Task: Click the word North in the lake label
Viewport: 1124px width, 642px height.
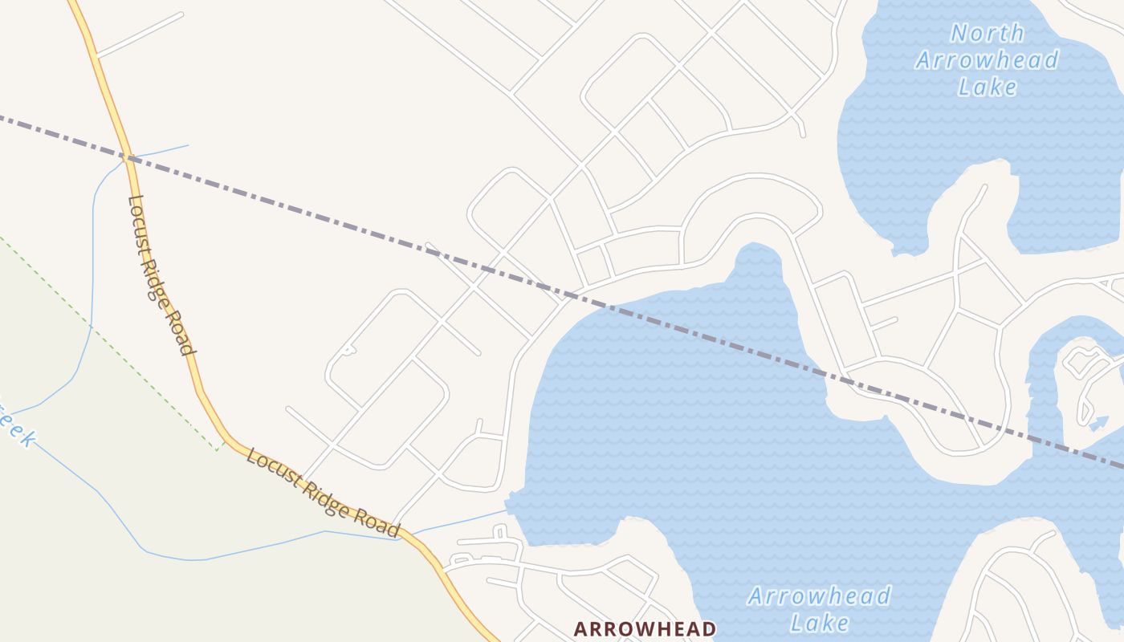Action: click(988, 33)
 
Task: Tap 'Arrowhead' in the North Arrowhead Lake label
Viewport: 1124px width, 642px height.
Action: click(988, 60)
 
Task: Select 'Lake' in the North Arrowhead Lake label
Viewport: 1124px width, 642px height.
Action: click(988, 87)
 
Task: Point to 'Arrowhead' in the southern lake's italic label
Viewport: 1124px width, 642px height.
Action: click(819, 596)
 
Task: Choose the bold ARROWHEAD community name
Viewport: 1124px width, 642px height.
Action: click(645, 628)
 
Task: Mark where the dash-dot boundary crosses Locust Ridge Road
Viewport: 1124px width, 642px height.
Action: click(126, 157)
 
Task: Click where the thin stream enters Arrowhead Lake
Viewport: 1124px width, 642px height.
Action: click(507, 510)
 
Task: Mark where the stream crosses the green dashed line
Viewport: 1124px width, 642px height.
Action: click(91, 327)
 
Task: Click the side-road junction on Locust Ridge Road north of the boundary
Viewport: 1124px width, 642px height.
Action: click(96, 56)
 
